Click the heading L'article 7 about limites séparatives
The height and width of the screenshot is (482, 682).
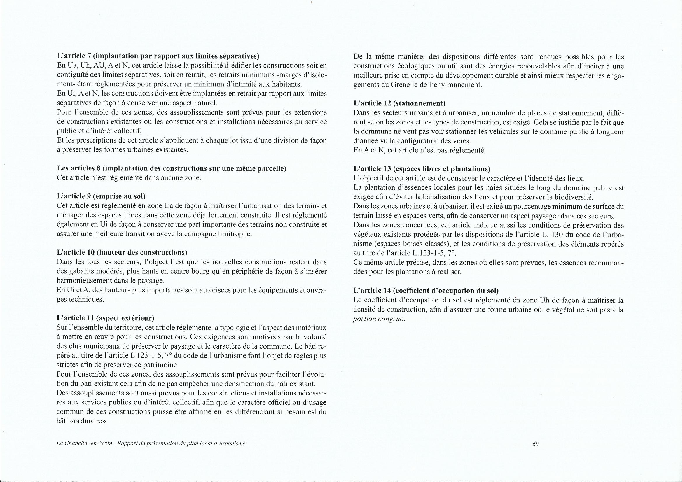point(158,56)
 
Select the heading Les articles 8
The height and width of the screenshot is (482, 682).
point(172,168)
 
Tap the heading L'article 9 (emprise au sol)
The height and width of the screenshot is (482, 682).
point(101,196)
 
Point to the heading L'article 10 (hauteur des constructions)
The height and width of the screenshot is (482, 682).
point(122,253)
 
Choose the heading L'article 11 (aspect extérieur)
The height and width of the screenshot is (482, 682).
point(105,318)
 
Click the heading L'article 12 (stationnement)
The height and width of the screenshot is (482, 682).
point(400,103)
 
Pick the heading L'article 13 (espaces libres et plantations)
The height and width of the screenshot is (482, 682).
point(422,169)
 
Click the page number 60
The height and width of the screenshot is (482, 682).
point(536,444)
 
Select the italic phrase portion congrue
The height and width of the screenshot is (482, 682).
point(379,319)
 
